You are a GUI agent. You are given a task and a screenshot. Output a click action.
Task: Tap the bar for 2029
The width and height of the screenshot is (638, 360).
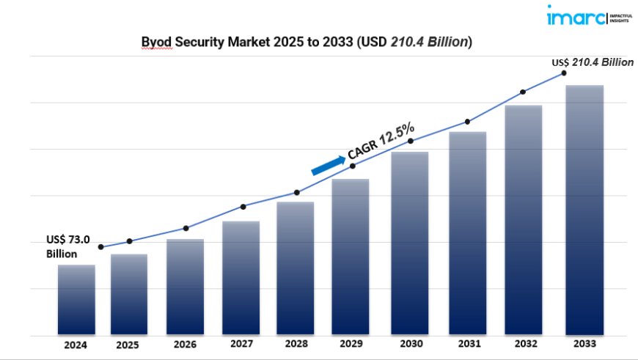pyautogui.click(x=351, y=256)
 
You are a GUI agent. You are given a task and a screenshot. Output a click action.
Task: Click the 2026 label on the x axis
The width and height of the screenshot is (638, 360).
pyautogui.click(x=186, y=343)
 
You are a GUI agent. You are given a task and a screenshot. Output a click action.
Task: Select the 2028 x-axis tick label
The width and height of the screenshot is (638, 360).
pyautogui.click(x=296, y=343)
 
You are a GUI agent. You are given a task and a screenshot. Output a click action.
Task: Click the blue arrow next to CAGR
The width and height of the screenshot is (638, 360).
pyautogui.click(x=328, y=164)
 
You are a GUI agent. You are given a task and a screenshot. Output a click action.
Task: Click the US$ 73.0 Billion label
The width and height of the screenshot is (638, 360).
pyautogui.click(x=67, y=246)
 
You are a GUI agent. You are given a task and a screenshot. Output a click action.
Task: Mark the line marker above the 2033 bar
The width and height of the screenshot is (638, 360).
pyautogui.click(x=564, y=73)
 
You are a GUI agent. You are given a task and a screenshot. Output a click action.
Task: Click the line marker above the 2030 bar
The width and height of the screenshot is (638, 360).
pyautogui.click(x=411, y=141)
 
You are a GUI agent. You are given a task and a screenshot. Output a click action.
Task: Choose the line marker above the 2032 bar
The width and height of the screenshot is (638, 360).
pyautogui.click(x=523, y=92)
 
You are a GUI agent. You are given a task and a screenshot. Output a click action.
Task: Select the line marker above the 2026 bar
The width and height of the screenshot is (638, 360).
pyautogui.click(x=186, y=228)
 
